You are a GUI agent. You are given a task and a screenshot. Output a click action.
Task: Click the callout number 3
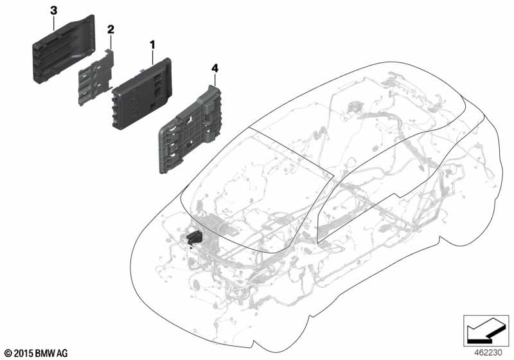click(x=53, y=11)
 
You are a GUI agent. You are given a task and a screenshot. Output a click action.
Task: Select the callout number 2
click(x=111, y=30)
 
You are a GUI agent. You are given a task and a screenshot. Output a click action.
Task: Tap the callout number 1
click(x=152, y=45)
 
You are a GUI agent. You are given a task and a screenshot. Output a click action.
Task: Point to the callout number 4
click(x=215, y=69)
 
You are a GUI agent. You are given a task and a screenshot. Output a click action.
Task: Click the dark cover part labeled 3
click(x=64, y=50)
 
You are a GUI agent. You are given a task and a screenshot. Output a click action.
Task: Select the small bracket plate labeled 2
click(x=96, y=77)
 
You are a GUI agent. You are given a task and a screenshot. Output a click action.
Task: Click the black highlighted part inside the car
click(x=195, y=237)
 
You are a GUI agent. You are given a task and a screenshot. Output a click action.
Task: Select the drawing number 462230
click(x=488, y=352)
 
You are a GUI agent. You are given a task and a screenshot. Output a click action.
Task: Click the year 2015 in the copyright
click(x=23, y=353)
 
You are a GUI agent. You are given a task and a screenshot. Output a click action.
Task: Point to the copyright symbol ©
click(x=8, y=354)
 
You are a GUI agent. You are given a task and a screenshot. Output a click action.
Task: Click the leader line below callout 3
click(x=54, y=24)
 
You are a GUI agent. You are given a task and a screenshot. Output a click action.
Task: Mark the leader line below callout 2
click(x=111, y=42)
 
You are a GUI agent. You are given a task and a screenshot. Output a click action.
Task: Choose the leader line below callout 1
click(x=152, y=57)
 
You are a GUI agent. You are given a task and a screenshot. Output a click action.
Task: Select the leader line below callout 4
click(x=215, y=80)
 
